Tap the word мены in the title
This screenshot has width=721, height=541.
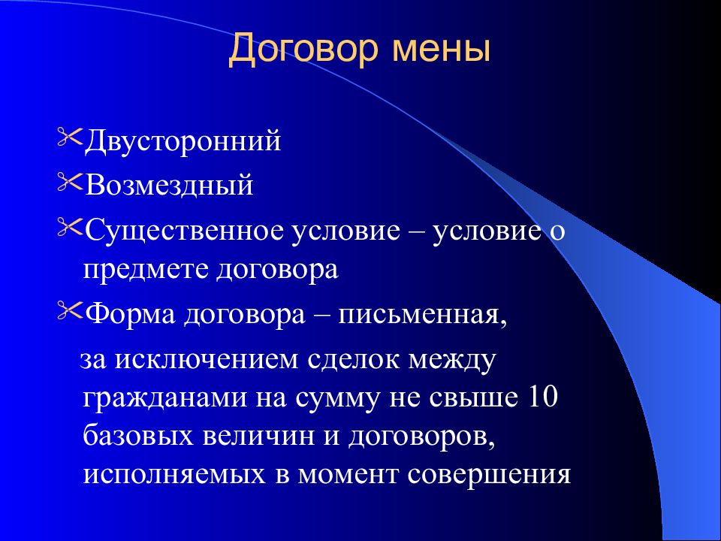tap(442, 50)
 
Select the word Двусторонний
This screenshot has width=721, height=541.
tap(183, 141)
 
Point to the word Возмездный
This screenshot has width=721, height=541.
tap(169, 186)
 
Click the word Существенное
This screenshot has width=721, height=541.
tap(185, 231)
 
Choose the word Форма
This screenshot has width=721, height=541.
tap(130, 316)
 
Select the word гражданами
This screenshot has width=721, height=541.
tap(165, 398)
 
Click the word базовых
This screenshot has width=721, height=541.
tap(138, 435)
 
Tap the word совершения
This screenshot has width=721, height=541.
tap(489, 475)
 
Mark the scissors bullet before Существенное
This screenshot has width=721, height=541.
tap(70, 228)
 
